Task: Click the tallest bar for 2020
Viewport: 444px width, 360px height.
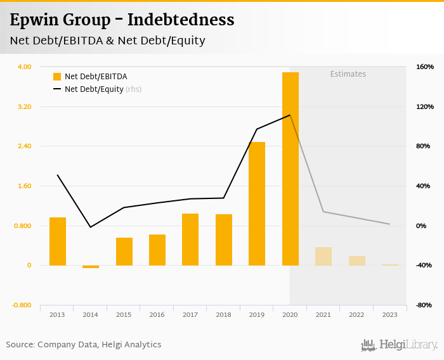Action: coord(290,169)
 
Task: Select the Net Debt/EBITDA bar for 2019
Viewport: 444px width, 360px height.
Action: coord(257,203)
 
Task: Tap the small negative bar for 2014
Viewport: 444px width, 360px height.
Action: coord(91,267)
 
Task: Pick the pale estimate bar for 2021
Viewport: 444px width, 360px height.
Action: coord(323,256)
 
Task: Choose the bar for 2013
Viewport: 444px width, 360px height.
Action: coord(58,241)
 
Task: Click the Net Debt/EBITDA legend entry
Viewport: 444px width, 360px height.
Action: coord(96,77)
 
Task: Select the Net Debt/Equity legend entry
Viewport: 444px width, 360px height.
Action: coord(94,89)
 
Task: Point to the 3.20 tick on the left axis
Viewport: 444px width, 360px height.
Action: coord(23,106)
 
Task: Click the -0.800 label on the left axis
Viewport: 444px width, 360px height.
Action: coord(21,305)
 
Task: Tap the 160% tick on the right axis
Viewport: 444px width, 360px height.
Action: coord(424,67)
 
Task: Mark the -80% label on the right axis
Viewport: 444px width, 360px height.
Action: coord(424,305)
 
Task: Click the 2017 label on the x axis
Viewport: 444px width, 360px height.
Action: coord(190,314)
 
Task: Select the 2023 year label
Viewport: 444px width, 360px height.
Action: coord(389,314)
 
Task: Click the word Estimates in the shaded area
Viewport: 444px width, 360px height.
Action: coord(348,74)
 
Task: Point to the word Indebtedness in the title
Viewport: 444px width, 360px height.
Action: coord(181,20)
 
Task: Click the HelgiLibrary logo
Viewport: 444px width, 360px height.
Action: coord(399,345)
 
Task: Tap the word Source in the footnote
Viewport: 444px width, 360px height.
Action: coord(20,345)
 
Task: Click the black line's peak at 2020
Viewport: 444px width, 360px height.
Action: coord(290,115)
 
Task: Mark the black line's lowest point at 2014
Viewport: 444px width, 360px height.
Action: coord(91,227)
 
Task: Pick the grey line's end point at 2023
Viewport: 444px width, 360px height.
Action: coord(389,224)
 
